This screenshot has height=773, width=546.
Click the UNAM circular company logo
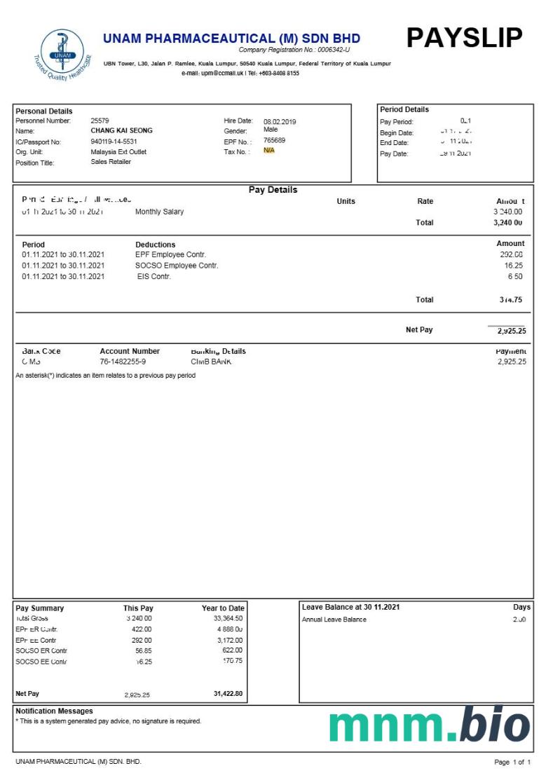[62, 53]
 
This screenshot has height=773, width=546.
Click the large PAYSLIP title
[464, 38]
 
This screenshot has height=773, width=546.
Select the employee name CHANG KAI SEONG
[121, 130]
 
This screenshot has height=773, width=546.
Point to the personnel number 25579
[100, 121]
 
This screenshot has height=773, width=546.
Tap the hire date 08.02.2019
[280, 121]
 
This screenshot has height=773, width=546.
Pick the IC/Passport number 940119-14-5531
[114, 141]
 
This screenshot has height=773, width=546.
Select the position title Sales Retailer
[111, 162]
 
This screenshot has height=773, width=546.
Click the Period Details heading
[404, 109]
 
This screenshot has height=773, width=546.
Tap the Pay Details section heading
[273, 190]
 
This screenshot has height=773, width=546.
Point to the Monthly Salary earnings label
[159, 212]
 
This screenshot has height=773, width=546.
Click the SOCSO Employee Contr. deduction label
[177, 266]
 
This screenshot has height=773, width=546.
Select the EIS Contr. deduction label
[154, 277]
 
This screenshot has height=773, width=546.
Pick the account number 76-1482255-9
[123, 362]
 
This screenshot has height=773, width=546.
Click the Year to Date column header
[223, 608]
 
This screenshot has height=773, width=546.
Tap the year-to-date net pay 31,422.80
[228, 694]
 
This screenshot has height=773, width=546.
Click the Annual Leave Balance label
[334, 620]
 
